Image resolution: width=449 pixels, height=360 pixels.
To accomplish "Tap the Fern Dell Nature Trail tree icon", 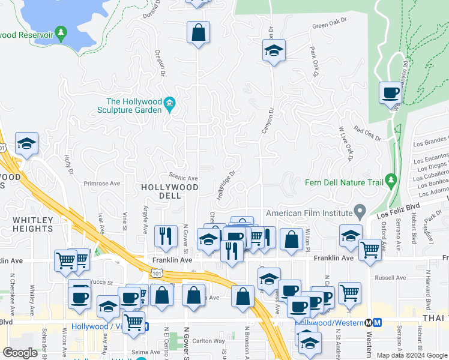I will point(391,179).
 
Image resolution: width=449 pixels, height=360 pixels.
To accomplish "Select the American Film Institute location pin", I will point(360,212).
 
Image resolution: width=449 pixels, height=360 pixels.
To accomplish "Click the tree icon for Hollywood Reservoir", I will point(60,33).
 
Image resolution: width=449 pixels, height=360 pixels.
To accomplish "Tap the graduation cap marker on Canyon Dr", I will point(274,52).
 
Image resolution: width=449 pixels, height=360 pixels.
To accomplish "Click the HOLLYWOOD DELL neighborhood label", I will point(169,191).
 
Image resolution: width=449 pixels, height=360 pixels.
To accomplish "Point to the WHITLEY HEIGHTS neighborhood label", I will point(32,224).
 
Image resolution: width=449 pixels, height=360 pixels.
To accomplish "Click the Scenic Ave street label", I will point(183,178).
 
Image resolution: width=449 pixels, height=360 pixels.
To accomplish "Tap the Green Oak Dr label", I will point(330,24).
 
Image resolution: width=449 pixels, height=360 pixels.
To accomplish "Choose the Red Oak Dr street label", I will point(367,133).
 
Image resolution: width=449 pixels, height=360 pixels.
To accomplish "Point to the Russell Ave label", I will point(391,278).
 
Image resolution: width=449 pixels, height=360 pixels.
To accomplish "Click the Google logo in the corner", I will point(20,353).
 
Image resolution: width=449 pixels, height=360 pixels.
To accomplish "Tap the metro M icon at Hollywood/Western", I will point(378,322).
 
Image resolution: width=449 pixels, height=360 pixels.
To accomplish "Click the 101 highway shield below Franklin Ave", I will point(156,273).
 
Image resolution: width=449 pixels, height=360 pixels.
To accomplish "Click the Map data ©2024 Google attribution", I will point(411,355).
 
